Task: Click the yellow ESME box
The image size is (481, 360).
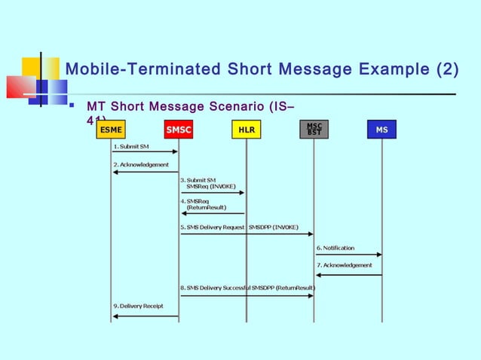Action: point(111,130)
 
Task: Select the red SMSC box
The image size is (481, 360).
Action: point(179,130)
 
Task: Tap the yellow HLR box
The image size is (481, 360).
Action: point(246,130)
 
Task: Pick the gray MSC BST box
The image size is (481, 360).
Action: point(314,130)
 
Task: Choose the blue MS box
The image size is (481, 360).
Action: point(382,130)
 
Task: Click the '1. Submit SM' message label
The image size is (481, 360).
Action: point(131,146)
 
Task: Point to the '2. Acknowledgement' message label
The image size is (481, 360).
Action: point(141,164)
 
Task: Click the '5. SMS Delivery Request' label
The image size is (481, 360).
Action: point(212,226)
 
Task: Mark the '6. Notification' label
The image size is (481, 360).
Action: point(335,248)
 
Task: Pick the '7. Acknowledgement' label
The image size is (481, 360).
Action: point(345,265)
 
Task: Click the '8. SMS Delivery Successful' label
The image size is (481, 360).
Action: point(227,288)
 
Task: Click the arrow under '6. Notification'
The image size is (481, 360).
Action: point(348,255)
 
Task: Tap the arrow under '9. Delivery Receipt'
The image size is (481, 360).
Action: point(145,316)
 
